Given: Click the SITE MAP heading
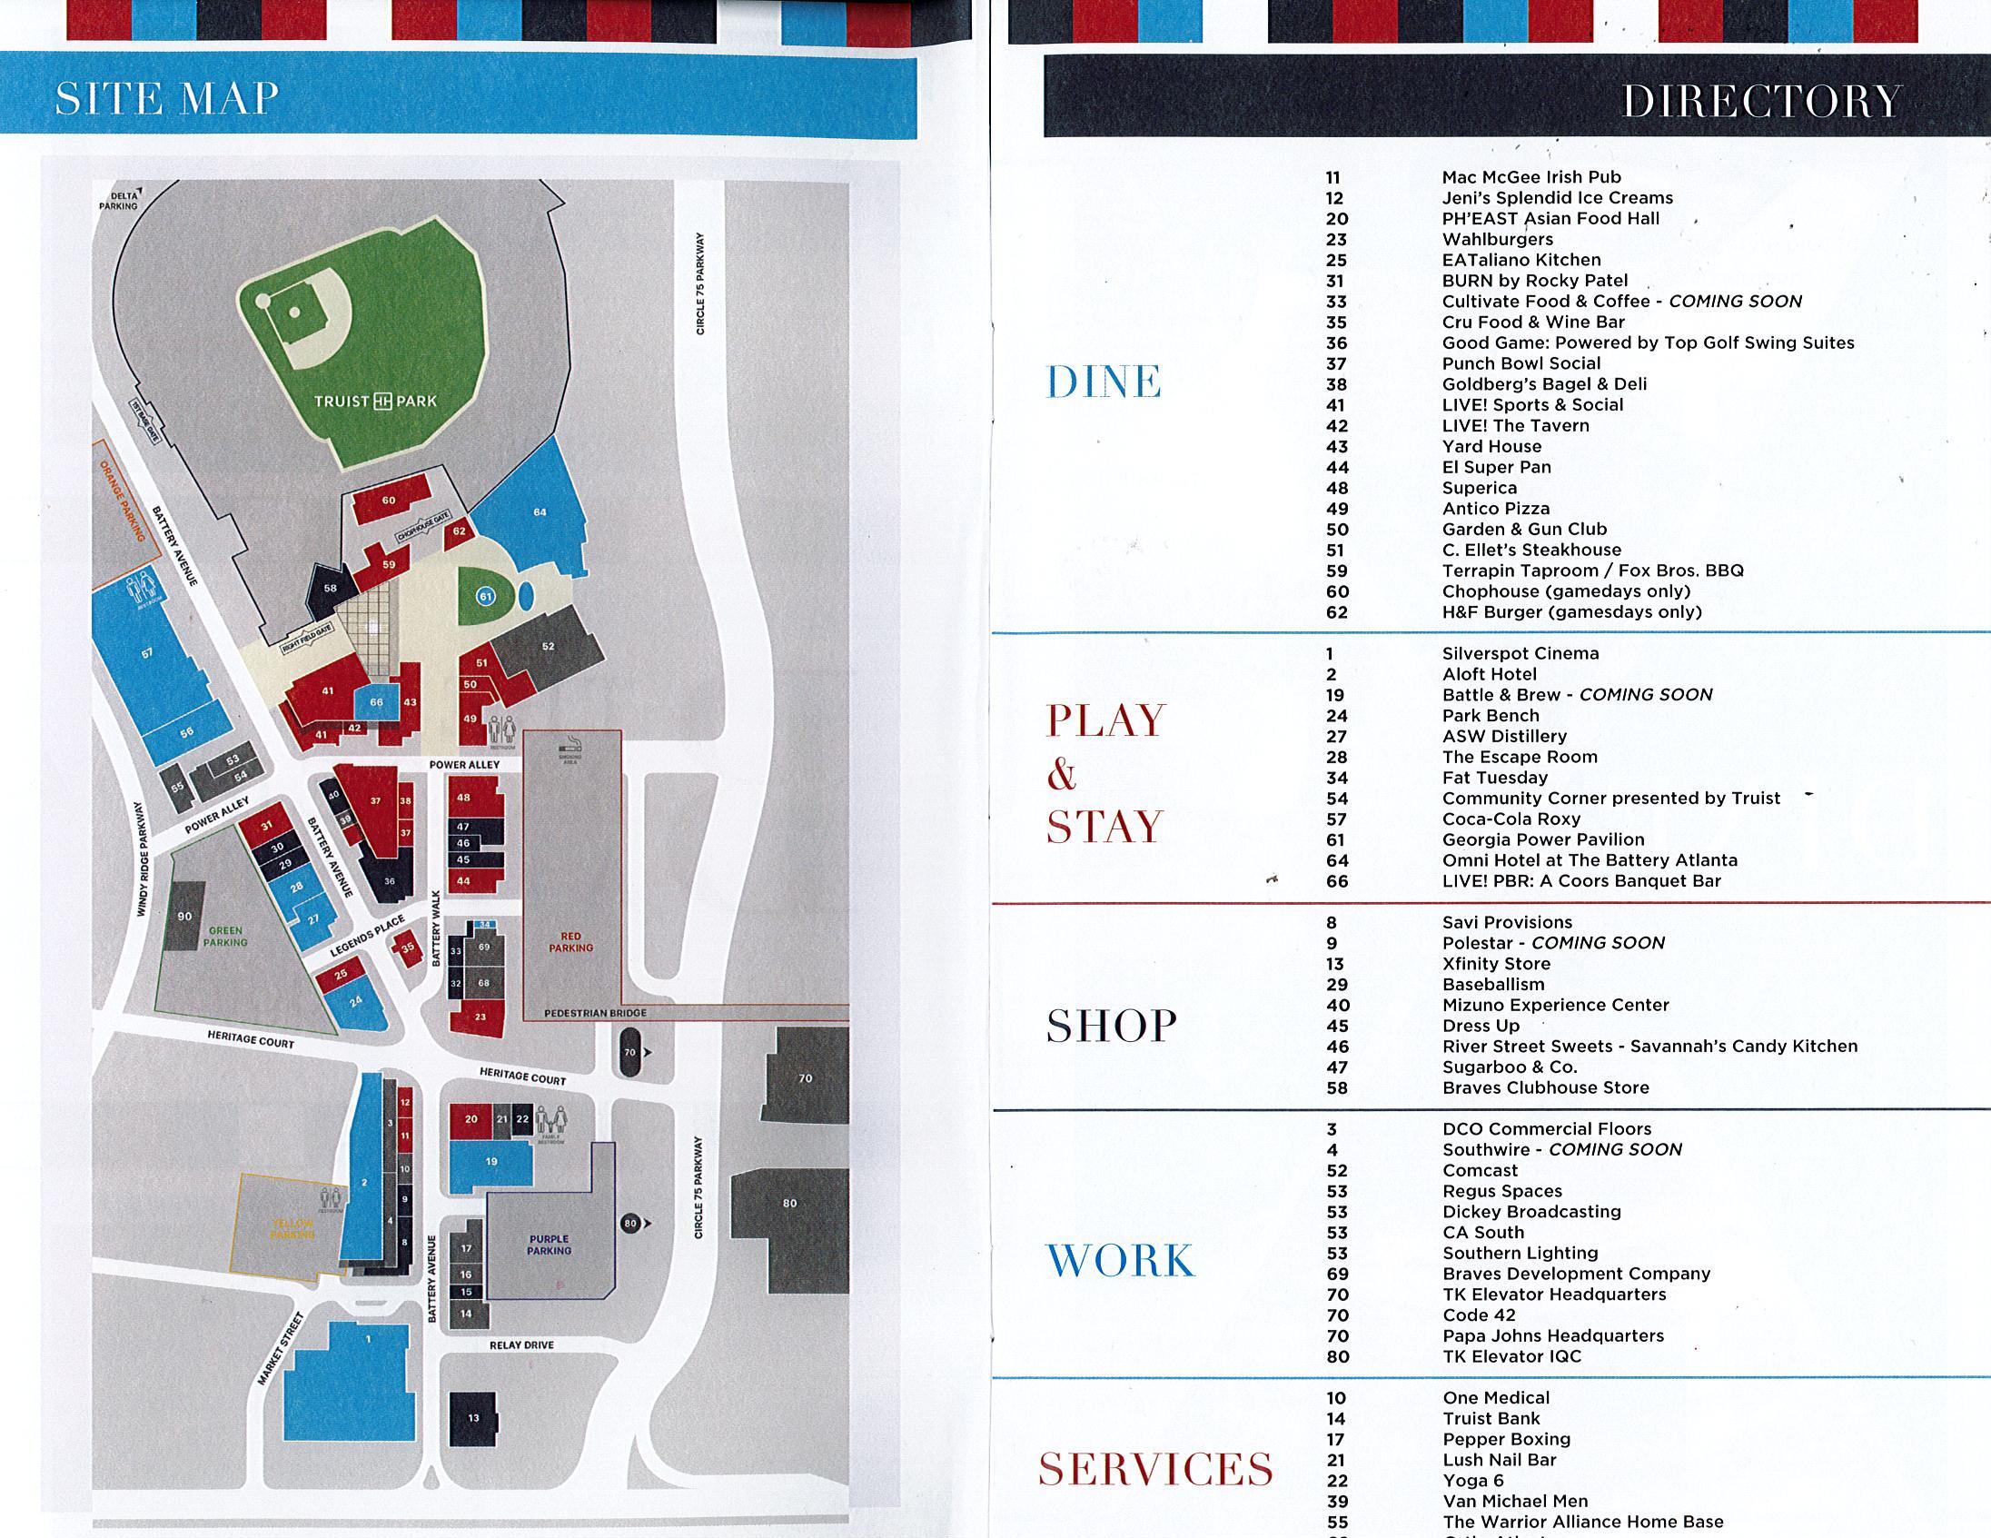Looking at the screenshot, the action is (x=167, y=98).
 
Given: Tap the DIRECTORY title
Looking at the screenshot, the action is (x=1761, y=100).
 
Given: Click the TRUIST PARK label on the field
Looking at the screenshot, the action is (x=376, y=402).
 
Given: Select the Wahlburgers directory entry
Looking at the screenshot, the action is (x=1497, y=240).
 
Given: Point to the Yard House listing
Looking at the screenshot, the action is (x=1491, y=447).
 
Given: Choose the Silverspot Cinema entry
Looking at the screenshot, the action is (x=1520, y=654).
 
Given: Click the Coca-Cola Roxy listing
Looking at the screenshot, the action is (x=1511, y=819).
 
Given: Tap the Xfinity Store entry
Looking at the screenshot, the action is (x=1496, y=964).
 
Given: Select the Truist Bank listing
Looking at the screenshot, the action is (x=1491, y=1419).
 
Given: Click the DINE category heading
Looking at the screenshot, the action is (x=1103, y=382).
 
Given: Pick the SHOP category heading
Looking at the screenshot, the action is (x=1111, y=1026).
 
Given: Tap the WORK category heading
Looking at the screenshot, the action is (x=1119, y=1261).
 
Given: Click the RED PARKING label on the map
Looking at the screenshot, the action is (x=570, y=942).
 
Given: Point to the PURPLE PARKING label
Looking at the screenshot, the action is (x=549, y=1245).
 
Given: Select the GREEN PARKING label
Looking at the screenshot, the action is (x=225, y=937).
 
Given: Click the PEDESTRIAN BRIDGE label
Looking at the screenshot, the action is (x=595, y=1013).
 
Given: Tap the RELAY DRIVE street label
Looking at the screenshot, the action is (x=521, y=1345).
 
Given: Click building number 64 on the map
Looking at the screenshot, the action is (x=540, y=512).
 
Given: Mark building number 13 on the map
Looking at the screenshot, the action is (x=473, y=1418).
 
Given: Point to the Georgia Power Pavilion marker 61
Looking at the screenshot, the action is (x=486, y=596).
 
